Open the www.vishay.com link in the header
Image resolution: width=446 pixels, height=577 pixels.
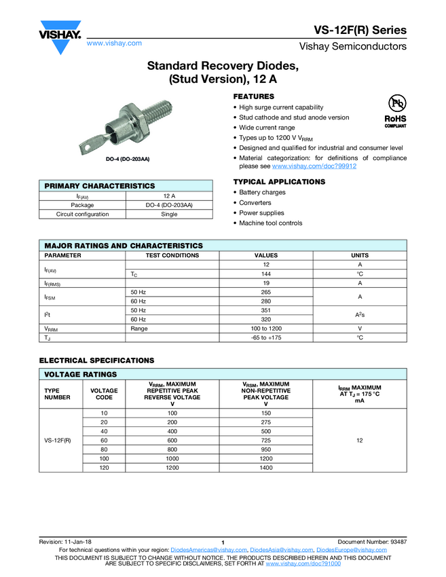click(114, 43)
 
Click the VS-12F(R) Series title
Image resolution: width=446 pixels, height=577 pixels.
click(360, 31)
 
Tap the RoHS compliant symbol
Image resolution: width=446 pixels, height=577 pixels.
click(395, 111)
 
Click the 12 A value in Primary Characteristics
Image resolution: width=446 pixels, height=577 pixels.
click(169, 196)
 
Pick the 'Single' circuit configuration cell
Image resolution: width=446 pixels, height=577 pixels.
click(169, 214)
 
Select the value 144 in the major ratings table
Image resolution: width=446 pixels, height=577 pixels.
click(266, 274)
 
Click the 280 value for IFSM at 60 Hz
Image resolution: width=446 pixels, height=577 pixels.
click(266, 301)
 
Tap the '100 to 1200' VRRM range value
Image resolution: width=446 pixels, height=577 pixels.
click(266, 328)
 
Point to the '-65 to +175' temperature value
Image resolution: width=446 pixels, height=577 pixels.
click(266, 337)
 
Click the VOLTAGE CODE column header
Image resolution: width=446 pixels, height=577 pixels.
click(104, 394)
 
